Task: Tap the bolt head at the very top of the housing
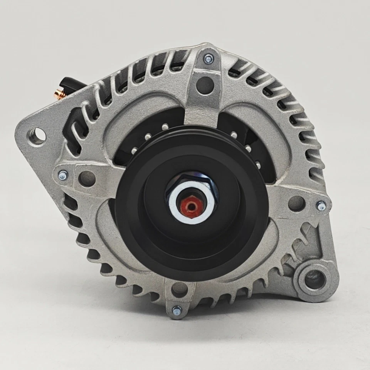pos(209,58)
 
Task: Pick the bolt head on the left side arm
pos(62,176)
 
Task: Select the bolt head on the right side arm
pos(320,206)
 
